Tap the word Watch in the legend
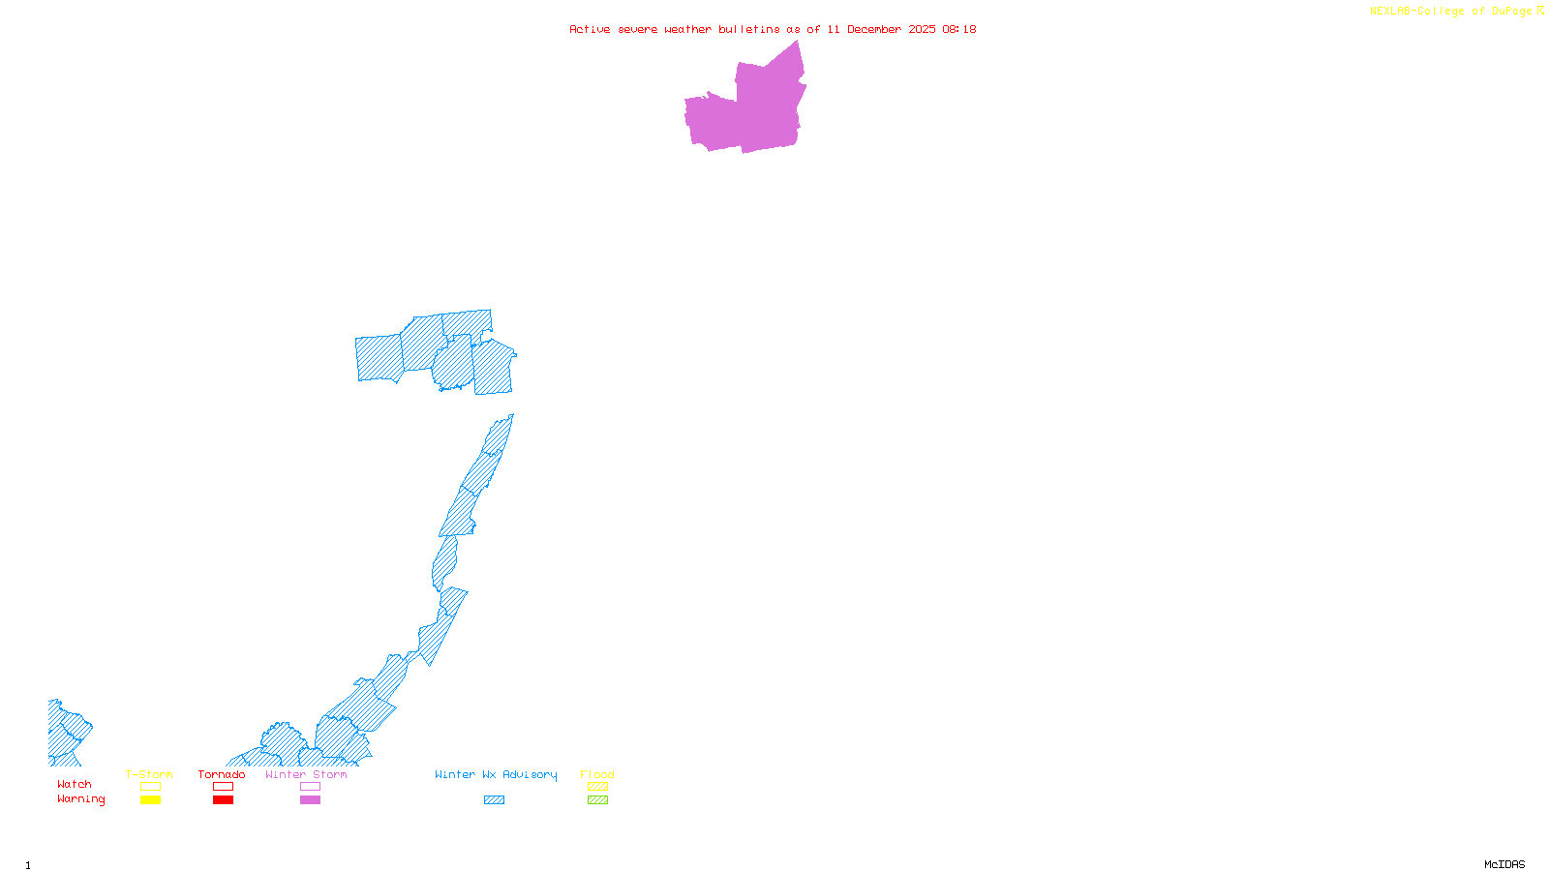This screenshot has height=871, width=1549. pyautogui.click(x=75, y=784)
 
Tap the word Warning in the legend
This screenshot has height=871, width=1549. pyautogui.click(x=80, y=799)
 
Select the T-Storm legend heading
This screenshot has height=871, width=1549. pyautogui.click(x=149, y=774)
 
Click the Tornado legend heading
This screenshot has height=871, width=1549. pyautogui.click(x=222, y=774)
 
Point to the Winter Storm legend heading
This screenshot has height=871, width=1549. pyautogui.click(x=306, y=774)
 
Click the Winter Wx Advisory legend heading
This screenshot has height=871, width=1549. pyautogui.click(x=496, y=774)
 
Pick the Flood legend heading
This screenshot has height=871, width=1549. pyautogui.click(x=597, y=774)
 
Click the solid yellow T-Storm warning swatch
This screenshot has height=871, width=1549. pyautogui.click(x=150, y=800)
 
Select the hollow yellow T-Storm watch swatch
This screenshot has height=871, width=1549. pyautogui.click(x=150, y=787)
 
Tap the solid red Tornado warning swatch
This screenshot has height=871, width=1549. pyautogui.click(x=223, y=800)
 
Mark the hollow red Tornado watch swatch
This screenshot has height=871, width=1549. pyautogui.click(x=223, y=787)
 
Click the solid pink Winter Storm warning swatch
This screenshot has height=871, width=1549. pyautogui.click(x=310, y=800)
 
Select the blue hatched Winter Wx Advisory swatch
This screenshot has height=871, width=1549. pyautogui.click(x=494, y=800)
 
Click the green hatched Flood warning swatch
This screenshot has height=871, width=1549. pyautogui.click(x=597, y=800)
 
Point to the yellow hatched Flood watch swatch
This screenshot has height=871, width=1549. pyautogui.click(x=597, y=787)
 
